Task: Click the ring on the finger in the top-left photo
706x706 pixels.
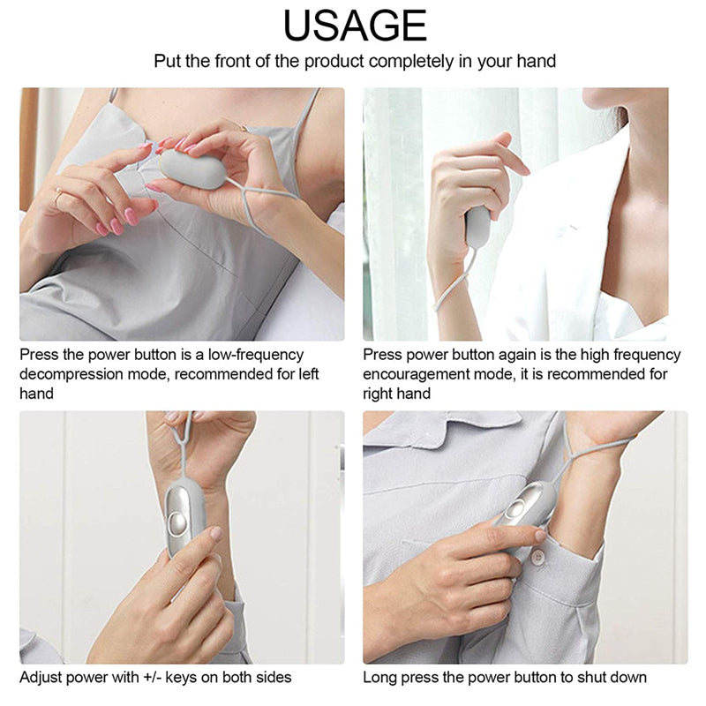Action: click(x=58, y=199)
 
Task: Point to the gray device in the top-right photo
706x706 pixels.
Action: click(x=477, y=227)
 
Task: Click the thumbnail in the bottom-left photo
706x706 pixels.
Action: click(x=215, y=534)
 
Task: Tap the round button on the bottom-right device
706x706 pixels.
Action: click(x=515, y=509)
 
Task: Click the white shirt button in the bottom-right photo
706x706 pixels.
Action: click(x=537, y=557)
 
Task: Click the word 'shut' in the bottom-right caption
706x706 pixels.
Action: click(x=581, y=678)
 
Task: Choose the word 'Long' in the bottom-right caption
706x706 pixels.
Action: click(x=380, y=678)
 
